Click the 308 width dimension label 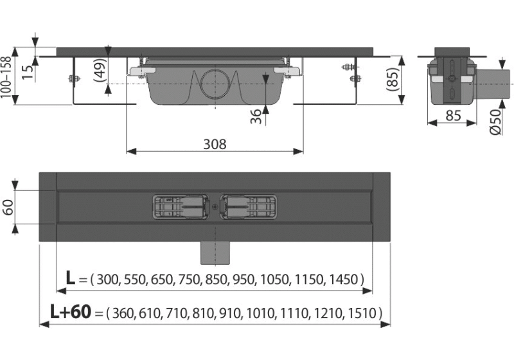coord(215,144)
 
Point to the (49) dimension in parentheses coord(100,67)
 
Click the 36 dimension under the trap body coord(255,116)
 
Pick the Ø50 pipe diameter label coord(495,121)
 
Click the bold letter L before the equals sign coord(71,278)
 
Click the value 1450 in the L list coord(344,280)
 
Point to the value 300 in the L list coord(107,280)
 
